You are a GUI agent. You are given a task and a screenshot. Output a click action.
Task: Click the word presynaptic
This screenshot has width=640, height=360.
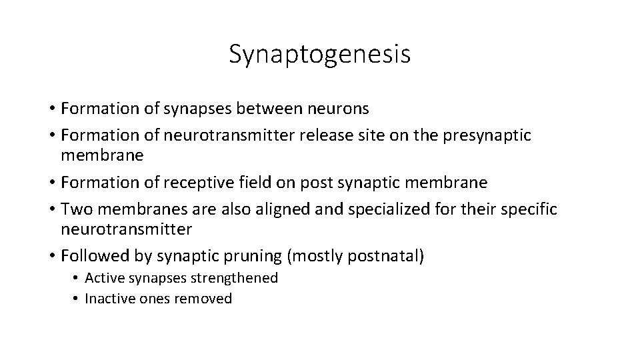coord(487,136)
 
